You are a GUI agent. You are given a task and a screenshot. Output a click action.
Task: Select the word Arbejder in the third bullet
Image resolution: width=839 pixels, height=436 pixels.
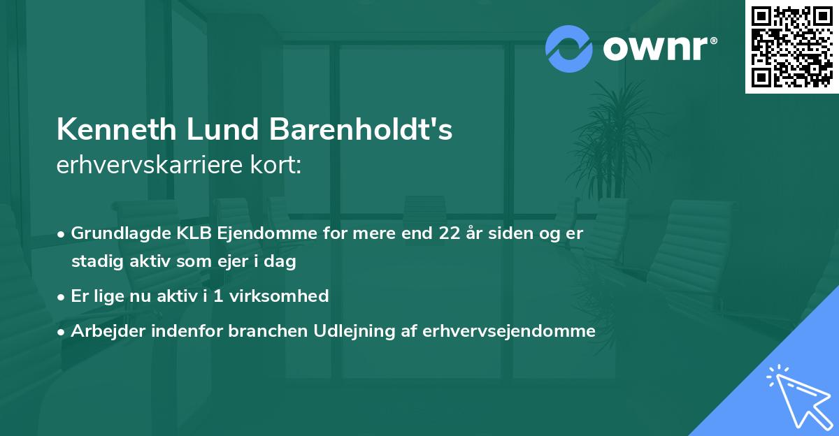[x=103, y=331]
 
